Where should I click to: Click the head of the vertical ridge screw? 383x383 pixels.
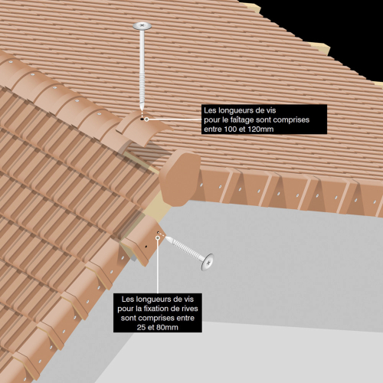pos(142,26)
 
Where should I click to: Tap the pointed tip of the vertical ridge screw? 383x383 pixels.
pos(142,110)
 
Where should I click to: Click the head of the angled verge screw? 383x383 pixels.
pos(207,262)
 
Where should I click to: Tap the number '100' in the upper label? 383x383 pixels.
pos(231,129)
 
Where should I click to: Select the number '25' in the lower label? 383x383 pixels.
pos(141,327)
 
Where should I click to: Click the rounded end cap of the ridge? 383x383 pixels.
pos(180,178)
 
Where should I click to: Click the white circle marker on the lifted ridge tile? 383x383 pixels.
pos(146,119)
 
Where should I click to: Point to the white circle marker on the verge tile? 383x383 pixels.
pos(158,237)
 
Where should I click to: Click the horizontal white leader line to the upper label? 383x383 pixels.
pos(175,119)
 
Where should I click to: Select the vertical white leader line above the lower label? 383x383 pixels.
pos(158,267)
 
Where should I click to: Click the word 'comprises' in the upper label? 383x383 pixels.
pos(291,119)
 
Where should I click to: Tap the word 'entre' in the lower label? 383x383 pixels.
pos(185,318)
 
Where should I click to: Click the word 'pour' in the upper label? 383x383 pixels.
pos(211,120)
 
